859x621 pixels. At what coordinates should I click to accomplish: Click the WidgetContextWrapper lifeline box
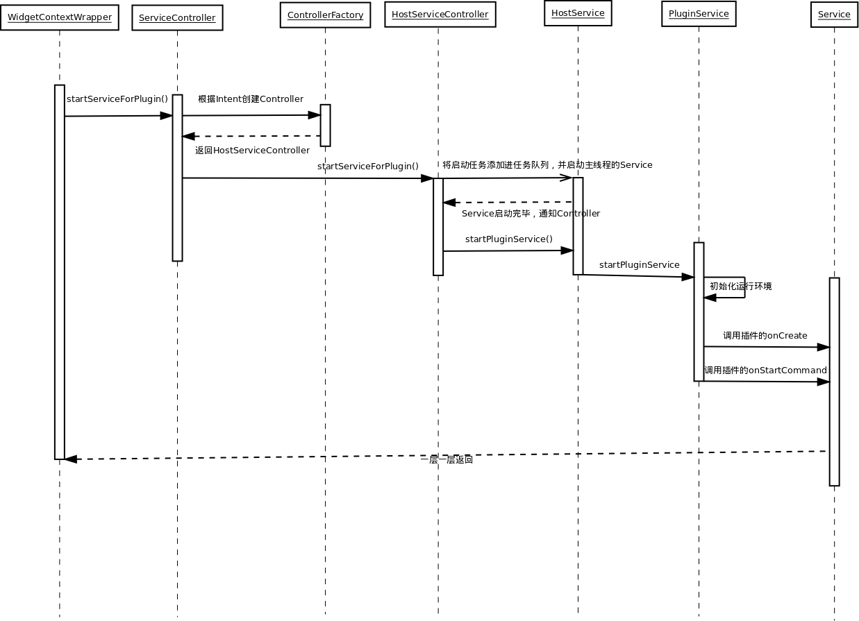click(x=59, y=17)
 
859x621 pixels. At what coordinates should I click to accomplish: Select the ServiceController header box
click(x=177, y=18)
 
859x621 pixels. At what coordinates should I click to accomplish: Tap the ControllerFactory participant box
click(x=325, y=15)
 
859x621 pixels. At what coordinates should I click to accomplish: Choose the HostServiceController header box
click(x=440, y=15)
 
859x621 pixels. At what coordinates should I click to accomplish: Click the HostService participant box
click(x=578, y=13)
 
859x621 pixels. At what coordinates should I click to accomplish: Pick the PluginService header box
click(x=699, y=14)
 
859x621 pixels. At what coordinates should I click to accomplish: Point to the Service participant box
click(x=834, y=15)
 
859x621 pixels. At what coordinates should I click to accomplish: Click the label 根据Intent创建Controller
click(x=251, y=99)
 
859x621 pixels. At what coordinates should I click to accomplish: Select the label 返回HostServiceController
click(x=252, y=151)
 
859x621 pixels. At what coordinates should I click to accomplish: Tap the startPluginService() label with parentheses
click(x=509, y=239)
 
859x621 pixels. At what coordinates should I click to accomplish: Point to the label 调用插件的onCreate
click(x=765, y=336)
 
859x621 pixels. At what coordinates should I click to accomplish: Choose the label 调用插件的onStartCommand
click(x=765, y=371)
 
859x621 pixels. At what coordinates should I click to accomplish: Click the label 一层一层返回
click(x=447, y=460)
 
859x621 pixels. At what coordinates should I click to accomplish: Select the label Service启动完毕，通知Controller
click(x=531, y=214)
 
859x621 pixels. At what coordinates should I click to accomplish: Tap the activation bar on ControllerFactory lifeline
click(x=325, y=126)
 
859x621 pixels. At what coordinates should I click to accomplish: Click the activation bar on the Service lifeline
click(x=834, y=382)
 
